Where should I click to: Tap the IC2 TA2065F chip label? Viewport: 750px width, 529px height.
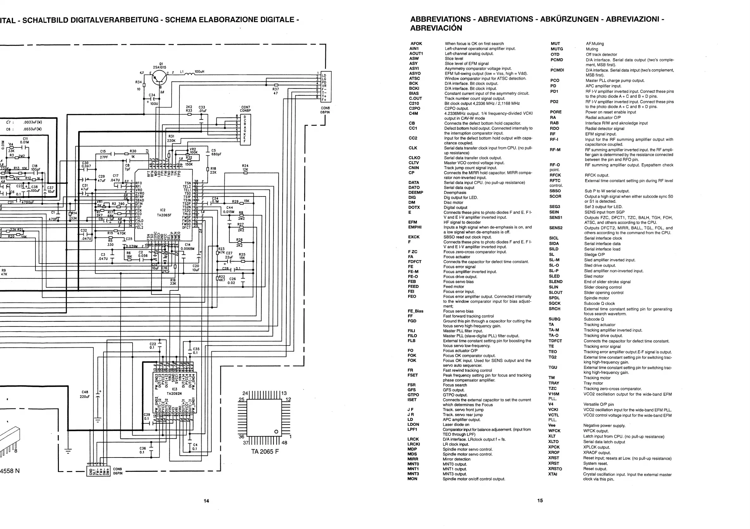165,213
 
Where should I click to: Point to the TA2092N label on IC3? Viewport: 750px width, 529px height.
174,394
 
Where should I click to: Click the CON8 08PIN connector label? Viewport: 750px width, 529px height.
325,110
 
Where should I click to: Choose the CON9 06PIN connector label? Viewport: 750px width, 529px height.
118,471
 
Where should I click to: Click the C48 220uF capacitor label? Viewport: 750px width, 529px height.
85,394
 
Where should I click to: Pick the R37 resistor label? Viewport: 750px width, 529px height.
276,91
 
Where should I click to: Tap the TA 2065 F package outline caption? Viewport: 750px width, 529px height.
265,451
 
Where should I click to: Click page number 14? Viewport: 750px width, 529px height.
206,501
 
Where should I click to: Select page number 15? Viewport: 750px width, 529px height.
540,500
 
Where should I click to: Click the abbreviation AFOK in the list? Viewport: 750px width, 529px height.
416,43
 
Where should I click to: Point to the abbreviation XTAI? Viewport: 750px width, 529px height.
553,474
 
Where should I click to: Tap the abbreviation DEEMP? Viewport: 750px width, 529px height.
416,192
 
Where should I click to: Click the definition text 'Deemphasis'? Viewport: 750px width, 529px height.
455,193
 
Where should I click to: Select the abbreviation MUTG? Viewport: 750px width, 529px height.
557,49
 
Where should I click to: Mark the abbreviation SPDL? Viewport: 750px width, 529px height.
554,298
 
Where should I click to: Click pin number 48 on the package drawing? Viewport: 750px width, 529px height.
284,443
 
